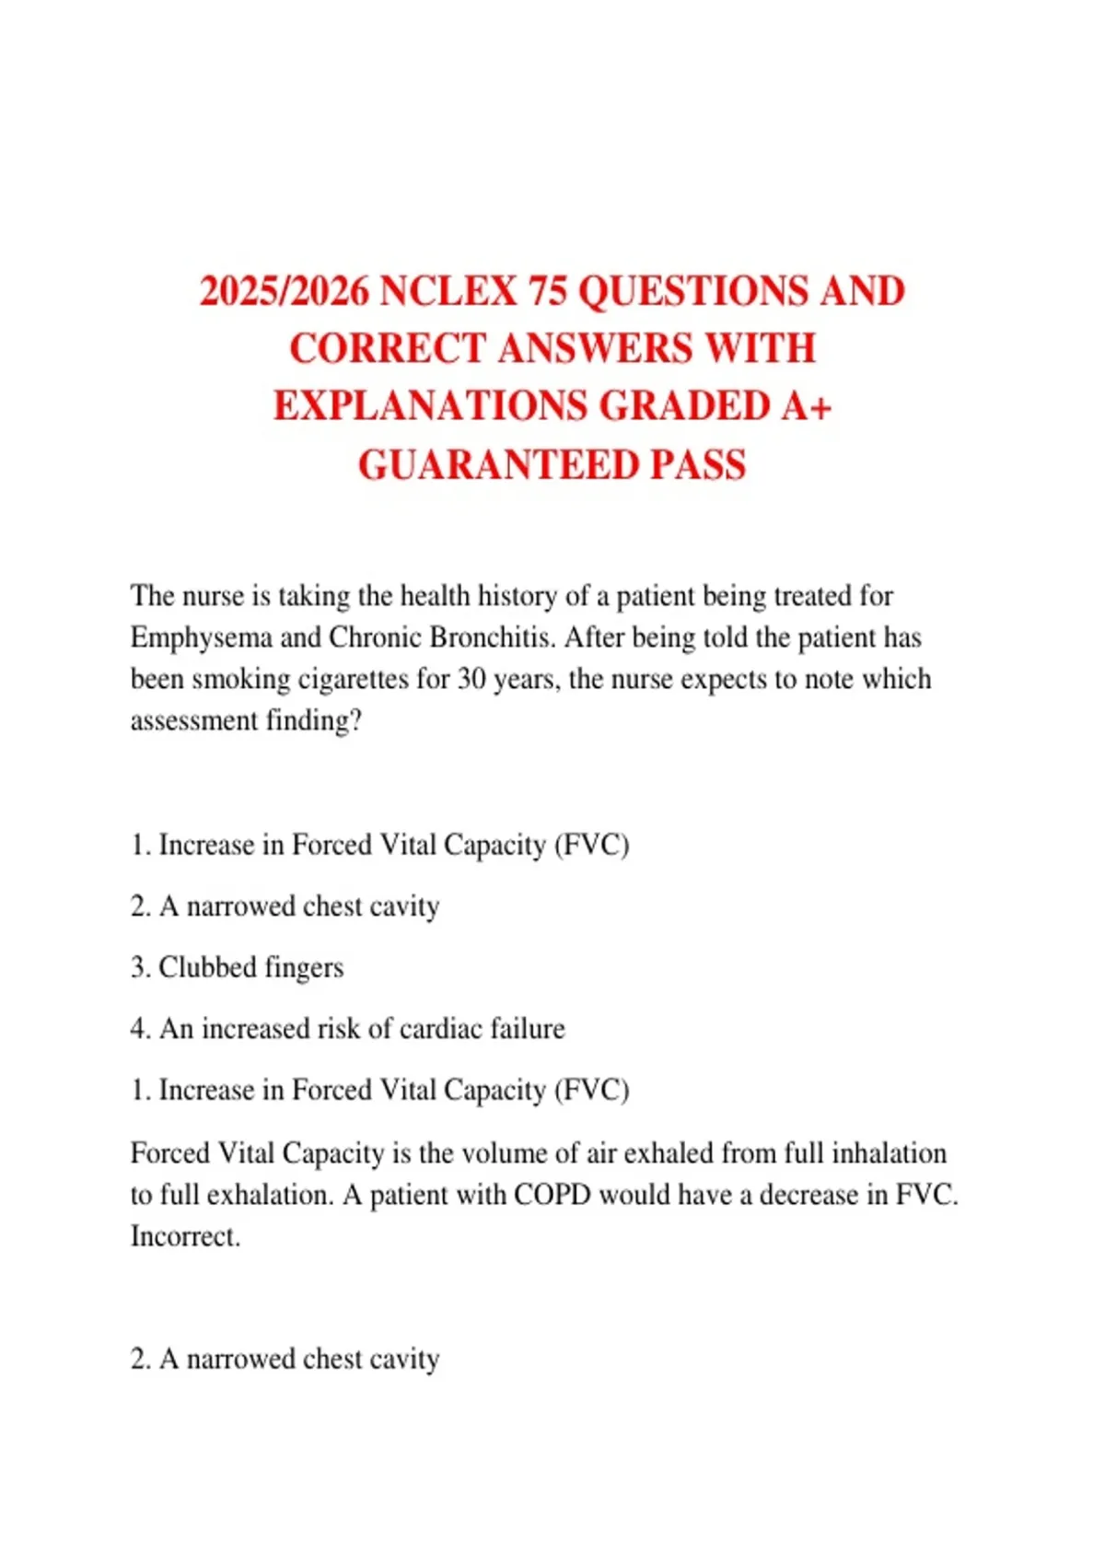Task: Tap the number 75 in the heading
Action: pos(548,292)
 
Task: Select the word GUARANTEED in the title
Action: pos(497,465)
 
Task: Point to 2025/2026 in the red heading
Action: pos(285,292)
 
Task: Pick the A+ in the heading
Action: pos(806,407)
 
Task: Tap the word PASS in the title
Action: pos(698,465)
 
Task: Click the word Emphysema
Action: pos(201,638)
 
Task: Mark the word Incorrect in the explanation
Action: pos(185,1236)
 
